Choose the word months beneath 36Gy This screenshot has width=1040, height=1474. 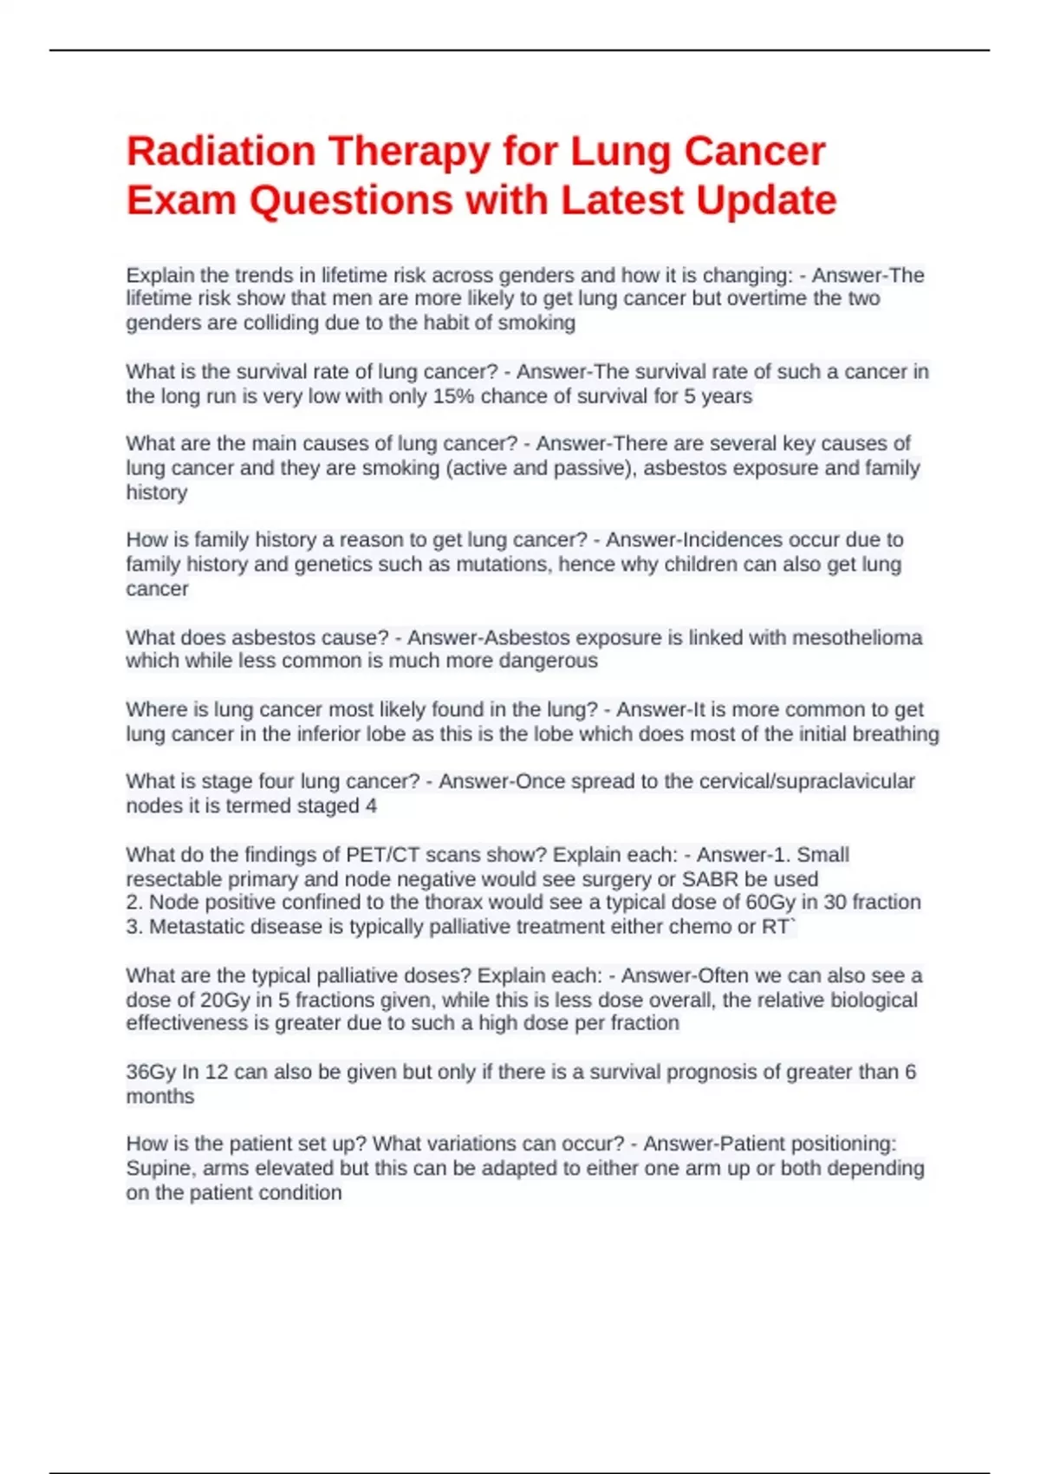[160, 1097]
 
